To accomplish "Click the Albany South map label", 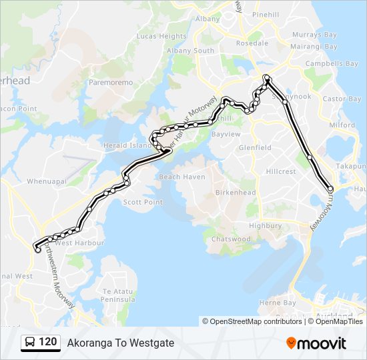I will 190,51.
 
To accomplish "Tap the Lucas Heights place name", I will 161,36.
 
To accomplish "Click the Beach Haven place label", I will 181,177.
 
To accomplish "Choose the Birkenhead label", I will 235,193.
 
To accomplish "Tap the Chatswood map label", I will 231,239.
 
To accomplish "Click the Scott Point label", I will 143,202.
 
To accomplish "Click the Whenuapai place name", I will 45,162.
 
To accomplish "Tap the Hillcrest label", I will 280,171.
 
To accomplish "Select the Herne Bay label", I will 277,303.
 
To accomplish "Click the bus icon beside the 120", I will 30,343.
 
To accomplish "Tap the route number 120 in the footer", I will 47,342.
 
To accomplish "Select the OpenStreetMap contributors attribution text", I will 256,321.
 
